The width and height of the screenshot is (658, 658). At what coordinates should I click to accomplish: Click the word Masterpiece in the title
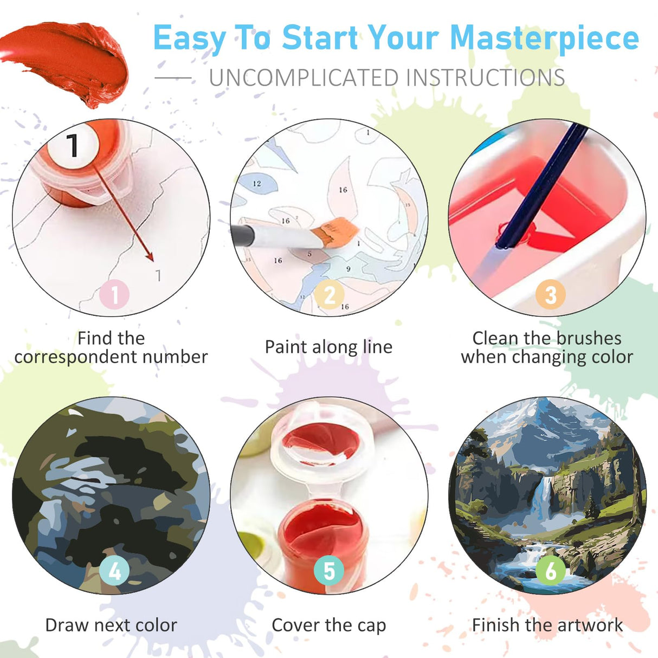coord(544,38)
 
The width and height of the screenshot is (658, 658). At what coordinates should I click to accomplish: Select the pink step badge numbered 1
coord(114,295)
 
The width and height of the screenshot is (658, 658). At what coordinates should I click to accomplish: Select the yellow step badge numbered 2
coord(330,295)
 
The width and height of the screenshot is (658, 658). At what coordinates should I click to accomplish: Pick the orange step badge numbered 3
coord(550,295)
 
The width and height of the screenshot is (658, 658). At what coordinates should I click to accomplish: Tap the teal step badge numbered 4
coord(114,571)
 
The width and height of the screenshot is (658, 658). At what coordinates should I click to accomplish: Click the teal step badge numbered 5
coord(329,571)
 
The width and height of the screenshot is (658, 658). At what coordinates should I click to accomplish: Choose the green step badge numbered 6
coord(550,571)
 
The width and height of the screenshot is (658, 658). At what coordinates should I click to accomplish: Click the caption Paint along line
coord(328,347)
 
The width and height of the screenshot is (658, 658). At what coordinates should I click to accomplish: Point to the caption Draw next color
coord(111,625)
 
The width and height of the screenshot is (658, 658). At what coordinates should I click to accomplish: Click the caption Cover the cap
coord(328,625)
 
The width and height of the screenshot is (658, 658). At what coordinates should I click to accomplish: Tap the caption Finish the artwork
coord(547,625)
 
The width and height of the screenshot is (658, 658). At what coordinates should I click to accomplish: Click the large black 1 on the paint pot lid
coord(73,145)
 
